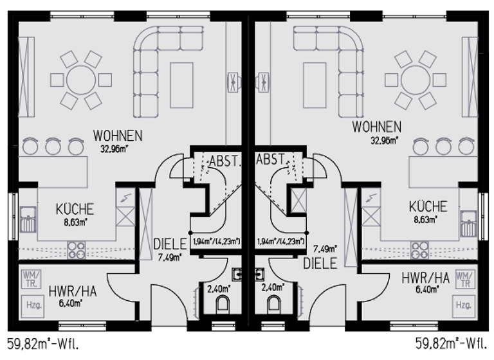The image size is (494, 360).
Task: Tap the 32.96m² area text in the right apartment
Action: click(383, 138)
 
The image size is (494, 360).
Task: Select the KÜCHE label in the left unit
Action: click(75, 209)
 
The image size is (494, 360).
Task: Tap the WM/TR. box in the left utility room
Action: click(31, 278)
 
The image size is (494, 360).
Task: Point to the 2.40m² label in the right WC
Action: click(274, 289)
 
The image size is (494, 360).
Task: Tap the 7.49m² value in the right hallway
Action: click(325, 248)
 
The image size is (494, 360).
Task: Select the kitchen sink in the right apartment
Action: click(467, 219)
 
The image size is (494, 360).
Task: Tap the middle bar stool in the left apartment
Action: click(53, 147)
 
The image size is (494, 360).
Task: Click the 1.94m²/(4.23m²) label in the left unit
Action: click(217, 242)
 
